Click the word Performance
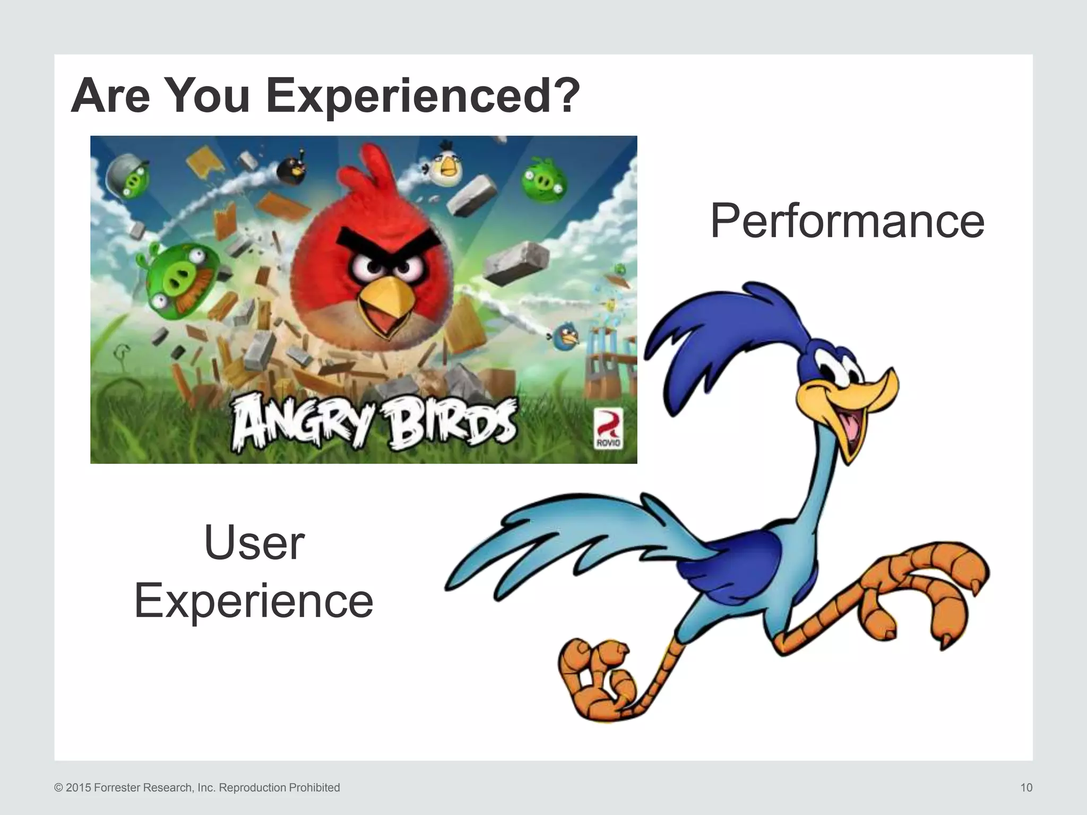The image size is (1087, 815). (847, 221)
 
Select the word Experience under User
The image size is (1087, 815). (254, 601)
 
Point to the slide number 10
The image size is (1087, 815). (1026, 787)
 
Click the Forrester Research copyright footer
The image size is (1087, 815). (197, 787)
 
